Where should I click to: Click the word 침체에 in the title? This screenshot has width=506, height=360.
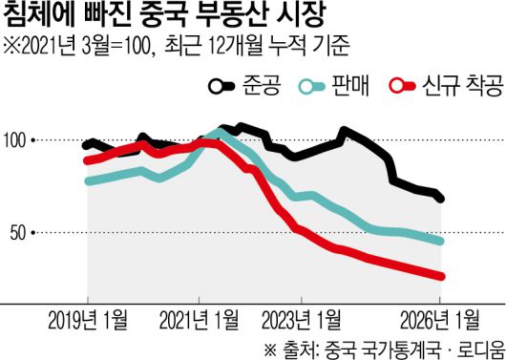(39, 17)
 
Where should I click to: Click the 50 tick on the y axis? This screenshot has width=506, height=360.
(22, 232)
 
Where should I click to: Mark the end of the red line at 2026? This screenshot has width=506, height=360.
(441, 277)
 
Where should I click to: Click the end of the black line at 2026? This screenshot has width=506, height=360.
(440, 199)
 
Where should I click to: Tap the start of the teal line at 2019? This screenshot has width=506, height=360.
(88, 180)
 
